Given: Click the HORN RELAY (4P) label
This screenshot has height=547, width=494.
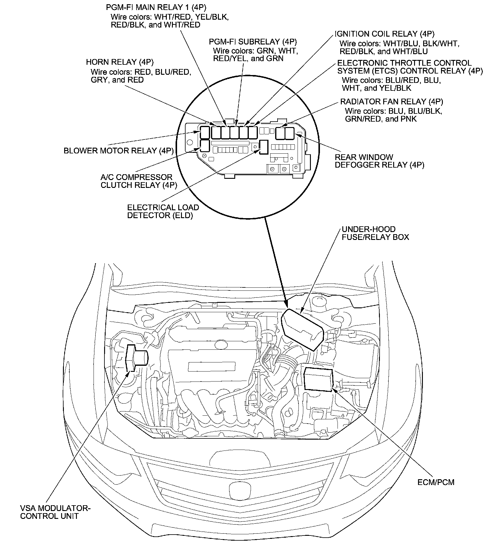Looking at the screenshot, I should click(120, 62).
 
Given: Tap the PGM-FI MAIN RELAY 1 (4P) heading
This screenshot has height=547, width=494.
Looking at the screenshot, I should click(156, 7).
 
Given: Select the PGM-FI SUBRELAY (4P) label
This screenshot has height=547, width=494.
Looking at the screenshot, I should click(253, 41).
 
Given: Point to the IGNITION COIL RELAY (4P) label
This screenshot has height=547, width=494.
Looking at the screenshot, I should click(384, 34).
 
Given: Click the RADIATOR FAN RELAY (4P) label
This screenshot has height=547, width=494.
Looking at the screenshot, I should click(392, 102).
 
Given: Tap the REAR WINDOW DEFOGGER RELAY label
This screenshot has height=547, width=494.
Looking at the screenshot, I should click(379, 161).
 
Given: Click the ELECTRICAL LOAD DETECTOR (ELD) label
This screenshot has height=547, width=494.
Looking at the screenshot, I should click(163, 211).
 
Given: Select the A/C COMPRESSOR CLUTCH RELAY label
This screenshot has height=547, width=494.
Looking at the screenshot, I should click(139, 181).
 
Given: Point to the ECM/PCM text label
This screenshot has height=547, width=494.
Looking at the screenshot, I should click(436, 482).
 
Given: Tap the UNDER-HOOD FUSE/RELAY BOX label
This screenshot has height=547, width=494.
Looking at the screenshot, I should click(375, 233).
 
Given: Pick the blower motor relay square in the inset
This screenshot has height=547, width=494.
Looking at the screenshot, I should click(205, 132).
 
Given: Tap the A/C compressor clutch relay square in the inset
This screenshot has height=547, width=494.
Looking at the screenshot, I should click(205, 146).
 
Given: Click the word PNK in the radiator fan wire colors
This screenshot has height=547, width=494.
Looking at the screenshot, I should click(409, 119).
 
